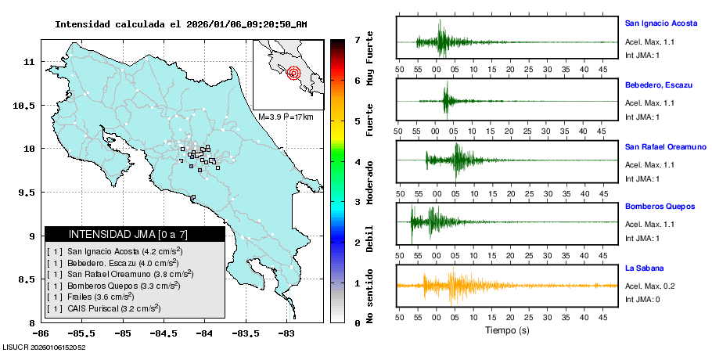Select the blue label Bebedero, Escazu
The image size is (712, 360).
point(659,85)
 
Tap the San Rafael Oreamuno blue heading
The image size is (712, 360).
point(665,146)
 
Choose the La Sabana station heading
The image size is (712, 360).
point(644,268)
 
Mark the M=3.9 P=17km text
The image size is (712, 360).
point(286,117)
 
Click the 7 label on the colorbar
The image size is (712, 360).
point(357,39)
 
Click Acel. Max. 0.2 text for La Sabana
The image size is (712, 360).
point(649,286)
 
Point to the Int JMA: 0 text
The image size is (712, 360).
point(642,300)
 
